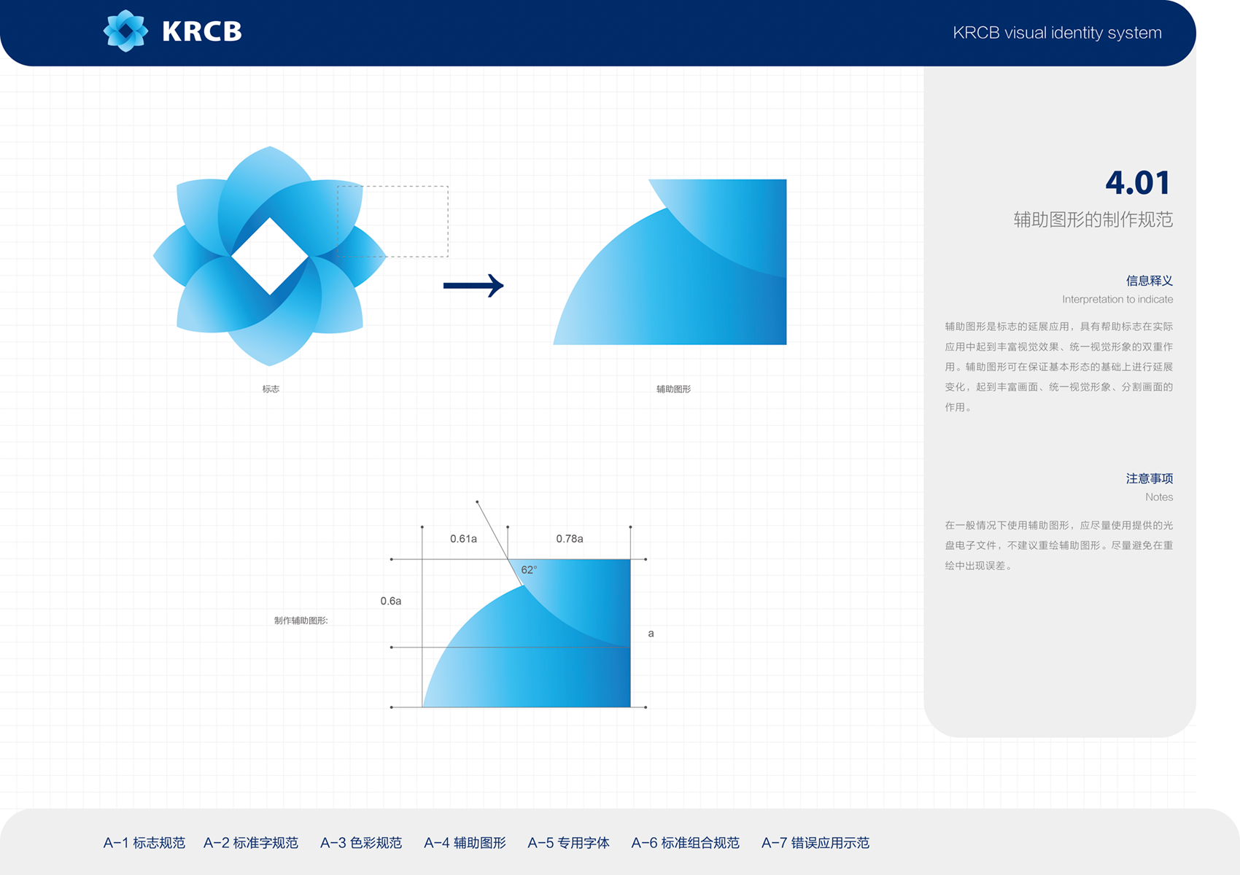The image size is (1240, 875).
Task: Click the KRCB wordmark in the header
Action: click(x=202, y=31)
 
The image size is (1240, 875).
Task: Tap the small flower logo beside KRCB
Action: click(x=125, y=31)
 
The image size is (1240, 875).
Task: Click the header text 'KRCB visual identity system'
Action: click(x=1057, y=34)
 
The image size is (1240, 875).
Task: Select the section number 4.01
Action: click(x=1138, y=182)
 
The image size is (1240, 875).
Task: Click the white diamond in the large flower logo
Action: click(x=270, y=256)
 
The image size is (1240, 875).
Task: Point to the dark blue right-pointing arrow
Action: click(x=473, y=286)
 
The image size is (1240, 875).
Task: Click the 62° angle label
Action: click(x=529, y=569)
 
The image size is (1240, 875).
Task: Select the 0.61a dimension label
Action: click(x=463, y=539)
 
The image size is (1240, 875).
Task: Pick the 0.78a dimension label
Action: click(x=570, y=539)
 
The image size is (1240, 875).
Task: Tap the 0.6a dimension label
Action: click(x=391, y=601)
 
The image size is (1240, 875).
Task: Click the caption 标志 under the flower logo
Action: click(x=271, y=389)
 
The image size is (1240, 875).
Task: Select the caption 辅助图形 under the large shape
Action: click(x=674, y=389)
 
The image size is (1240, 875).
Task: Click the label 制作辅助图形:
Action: click(x=301, y=621)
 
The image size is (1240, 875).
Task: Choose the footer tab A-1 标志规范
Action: click(x=144, y=843)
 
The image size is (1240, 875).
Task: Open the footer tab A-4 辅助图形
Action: click(x=465, y=843)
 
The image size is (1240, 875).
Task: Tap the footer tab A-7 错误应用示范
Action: click(x=815, y=843)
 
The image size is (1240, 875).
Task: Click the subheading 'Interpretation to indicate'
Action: click(x=1117, y=300)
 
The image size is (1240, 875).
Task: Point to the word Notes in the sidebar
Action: click(x=1159, y=497)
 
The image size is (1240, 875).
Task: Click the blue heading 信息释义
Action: click(x=1150, y=281)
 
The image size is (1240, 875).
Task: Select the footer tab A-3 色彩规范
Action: click(x=361, y=843)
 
